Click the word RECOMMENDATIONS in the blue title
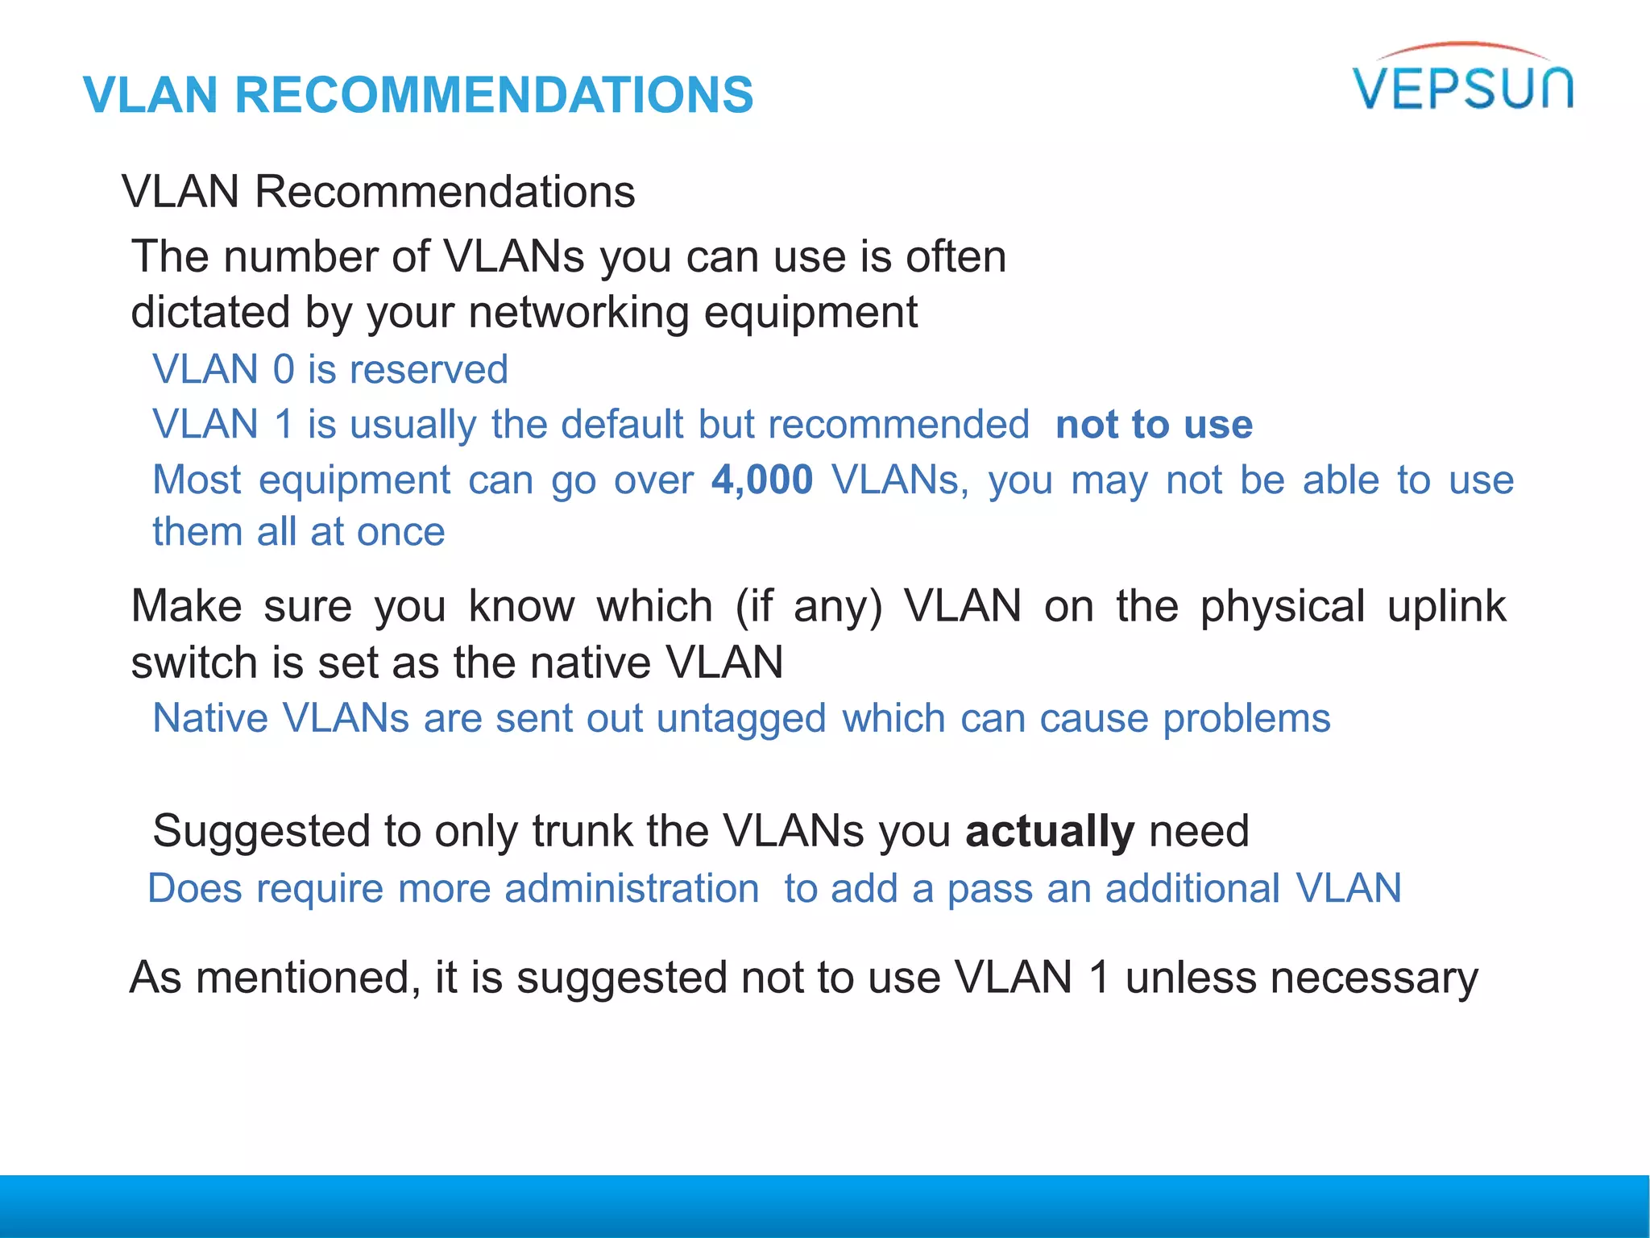[494, 95]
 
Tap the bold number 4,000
[762, 480]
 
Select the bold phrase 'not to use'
[1154, 424]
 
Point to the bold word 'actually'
[1050, 831]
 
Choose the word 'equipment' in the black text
[810, 314]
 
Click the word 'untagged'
[741, 719]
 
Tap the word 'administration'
[632, 889]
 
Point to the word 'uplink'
[1446, 607]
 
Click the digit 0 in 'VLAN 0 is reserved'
[284, 370]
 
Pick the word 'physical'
[1283, 607]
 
